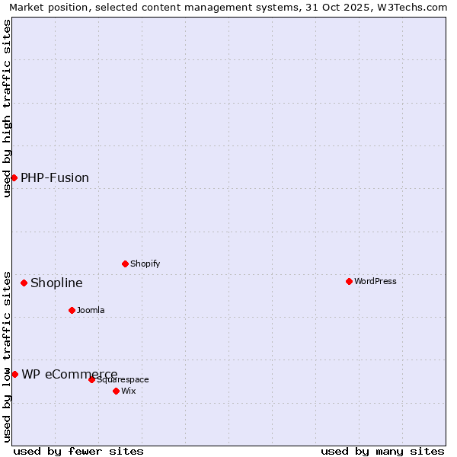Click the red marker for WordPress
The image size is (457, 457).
pyautogui.click(x=349, y=281)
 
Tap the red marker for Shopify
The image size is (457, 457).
pyautogui.click(x=125, y=264)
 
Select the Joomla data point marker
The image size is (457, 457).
pyautogui.click(x=72, y=310)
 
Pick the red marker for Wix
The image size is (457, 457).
pyautogui.click(x=116, y=391)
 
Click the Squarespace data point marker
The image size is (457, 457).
pyautogui.click(x=91, y=379)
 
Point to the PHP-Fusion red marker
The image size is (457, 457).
pyautogui.click(x=14, y=177)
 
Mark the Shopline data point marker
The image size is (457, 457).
pyautogui.click(x=24, y=283)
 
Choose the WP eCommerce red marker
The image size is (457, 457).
pyautogui.click(x=14, y=374)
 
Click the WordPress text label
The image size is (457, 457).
pyautogui.click(x=376, y=281)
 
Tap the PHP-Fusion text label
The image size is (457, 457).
pyautogui.click(x=55, y=177)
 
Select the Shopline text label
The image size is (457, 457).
pyautogui.click(x=56, y=283)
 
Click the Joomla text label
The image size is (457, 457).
pyautogui.click(x=91, y=310)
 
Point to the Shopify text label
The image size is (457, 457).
pyautogui.click(x=145, y=264)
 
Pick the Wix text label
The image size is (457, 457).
pyautogui.click(x=128, y=391)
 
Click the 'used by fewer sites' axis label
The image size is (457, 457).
pyautogui.click(x=78, y=451)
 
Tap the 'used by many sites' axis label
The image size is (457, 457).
pyautogui.click(x=382, y=451)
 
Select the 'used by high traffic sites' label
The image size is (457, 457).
pyautogui.click(x=7, y=108)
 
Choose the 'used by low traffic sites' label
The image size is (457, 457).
pyautogui.click(x=7, y=356)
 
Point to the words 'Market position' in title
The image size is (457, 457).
pyautogui.click(x=49, y=7)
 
